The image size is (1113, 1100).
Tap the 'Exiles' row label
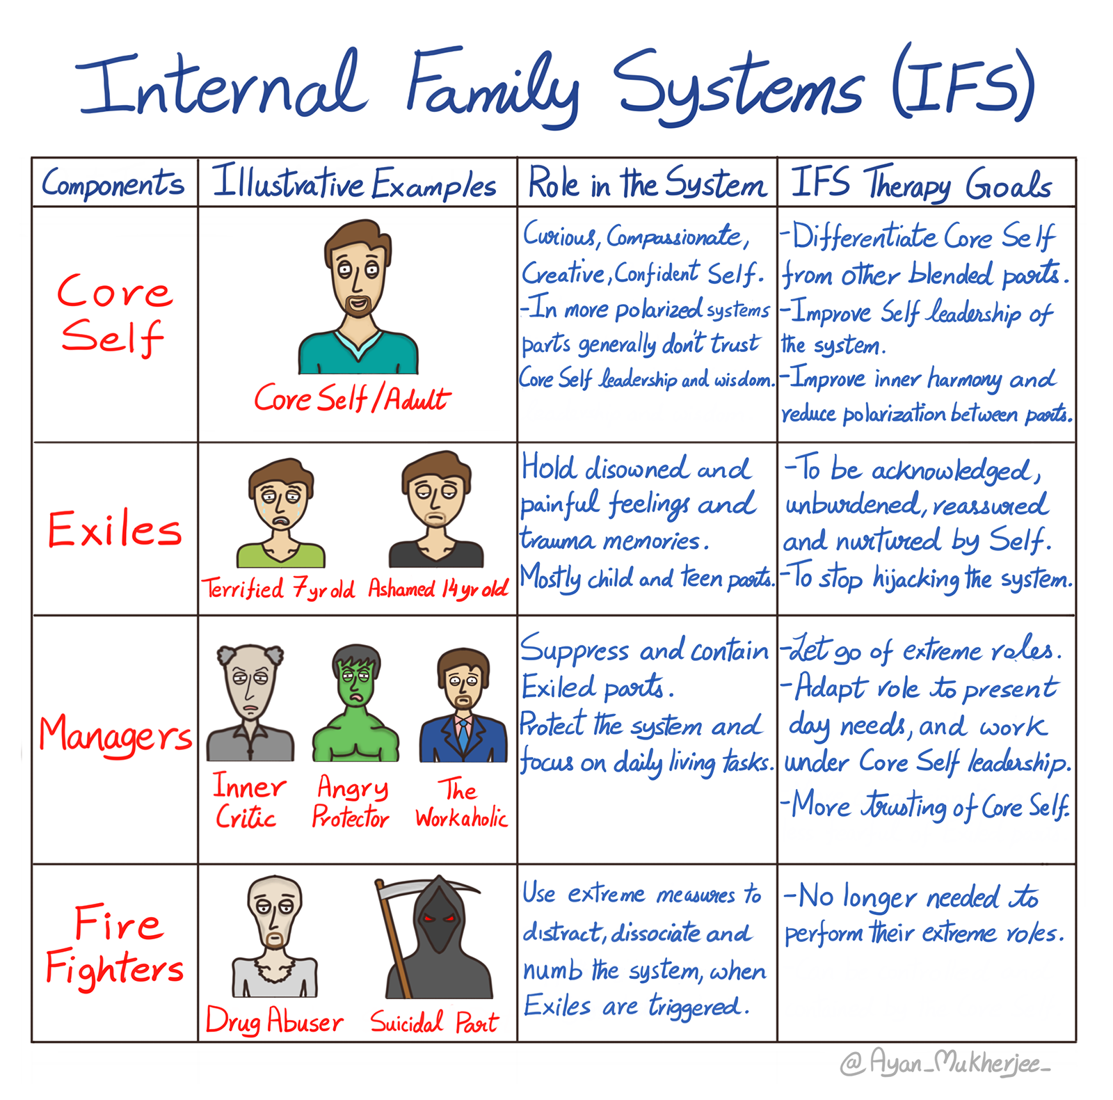115,529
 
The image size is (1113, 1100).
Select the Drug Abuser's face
275,911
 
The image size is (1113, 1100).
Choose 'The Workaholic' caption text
461,804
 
